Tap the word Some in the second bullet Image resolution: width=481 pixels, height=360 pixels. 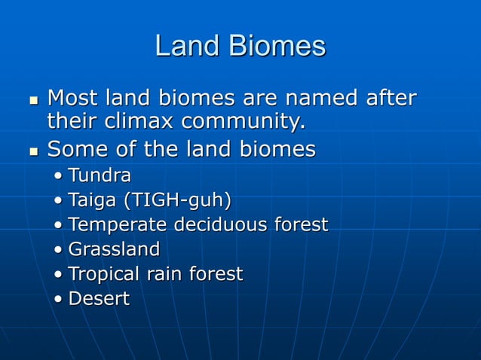[76, 149]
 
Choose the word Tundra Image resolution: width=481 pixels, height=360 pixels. [100, 176]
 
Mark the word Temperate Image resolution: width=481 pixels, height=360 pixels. [118, 225]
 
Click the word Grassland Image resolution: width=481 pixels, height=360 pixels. [114, 249]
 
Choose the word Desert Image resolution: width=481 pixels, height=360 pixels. [99, 298]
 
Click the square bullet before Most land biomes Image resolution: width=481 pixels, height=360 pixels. [32, 100]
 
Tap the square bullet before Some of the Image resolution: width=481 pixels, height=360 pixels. [32, 151]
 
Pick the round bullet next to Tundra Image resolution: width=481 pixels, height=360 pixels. [59, 178]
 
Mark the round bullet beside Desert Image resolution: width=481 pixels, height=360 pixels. [59, 300]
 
